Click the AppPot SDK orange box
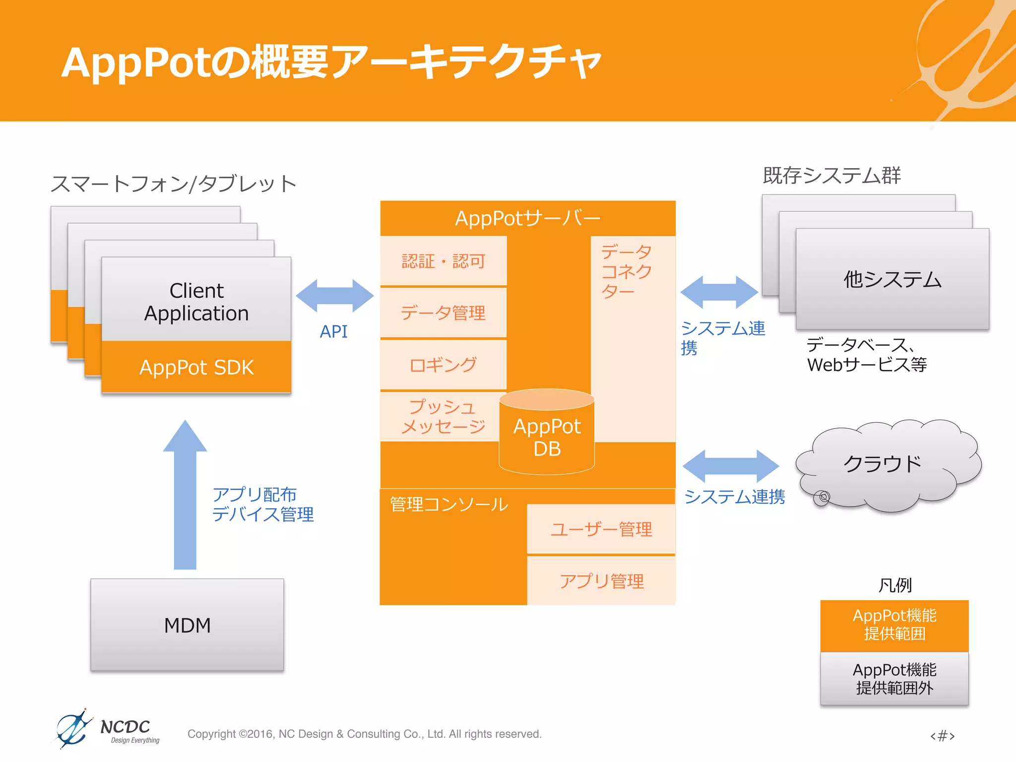196,367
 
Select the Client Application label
196,302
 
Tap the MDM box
187,625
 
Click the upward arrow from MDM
185,496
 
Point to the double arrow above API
334,296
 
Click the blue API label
333,331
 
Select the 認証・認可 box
443,261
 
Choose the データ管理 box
443,313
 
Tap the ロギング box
443,365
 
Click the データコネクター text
626,271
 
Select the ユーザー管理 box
601,529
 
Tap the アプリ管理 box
601,581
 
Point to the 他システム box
892,279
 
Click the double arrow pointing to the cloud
730,466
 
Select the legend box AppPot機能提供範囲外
894,679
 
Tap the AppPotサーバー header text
527,218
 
